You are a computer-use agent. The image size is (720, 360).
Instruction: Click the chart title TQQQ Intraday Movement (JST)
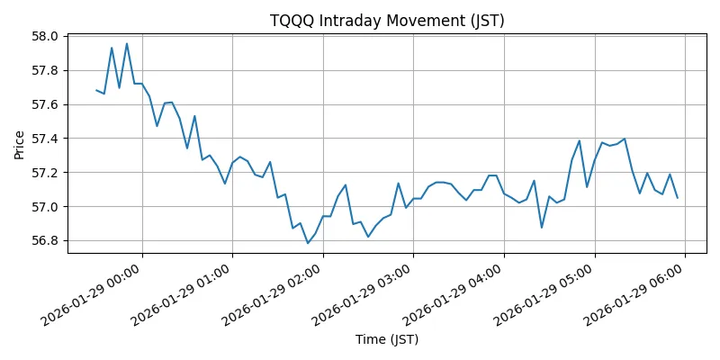coord(387,21)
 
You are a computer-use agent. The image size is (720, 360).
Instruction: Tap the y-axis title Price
coord(20,144)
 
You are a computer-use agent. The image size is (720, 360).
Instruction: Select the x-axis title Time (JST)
coord(387,339)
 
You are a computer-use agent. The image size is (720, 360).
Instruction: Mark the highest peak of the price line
coord(127,43)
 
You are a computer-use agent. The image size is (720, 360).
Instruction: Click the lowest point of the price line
coord(308,243)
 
